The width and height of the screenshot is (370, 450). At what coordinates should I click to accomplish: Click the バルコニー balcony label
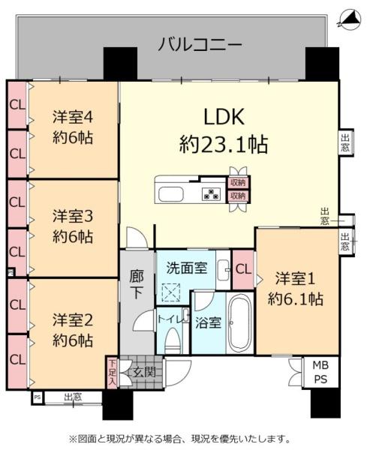(200, 45)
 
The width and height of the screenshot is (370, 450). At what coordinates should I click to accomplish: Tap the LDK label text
(224, 117)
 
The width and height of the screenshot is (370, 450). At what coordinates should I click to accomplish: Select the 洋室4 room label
(73, 117)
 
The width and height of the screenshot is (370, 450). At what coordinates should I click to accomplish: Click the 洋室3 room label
(73, 217)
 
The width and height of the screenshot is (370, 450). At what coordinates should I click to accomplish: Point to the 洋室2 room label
(73, 320)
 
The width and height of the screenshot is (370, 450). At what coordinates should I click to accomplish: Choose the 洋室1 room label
(296, 279)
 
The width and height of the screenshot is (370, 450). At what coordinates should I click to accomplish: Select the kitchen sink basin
(170, 194)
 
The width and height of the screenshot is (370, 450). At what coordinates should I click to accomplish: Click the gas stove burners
(212, 193)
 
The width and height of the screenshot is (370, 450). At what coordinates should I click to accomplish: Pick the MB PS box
(321, 372)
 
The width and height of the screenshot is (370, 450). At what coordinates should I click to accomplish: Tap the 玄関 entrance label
(144, 373)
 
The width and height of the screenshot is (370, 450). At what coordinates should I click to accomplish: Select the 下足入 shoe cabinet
(112, 373)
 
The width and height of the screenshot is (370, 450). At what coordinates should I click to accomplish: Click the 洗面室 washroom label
(187, 268)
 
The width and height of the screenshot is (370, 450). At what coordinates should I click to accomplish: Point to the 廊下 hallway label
(137, 285)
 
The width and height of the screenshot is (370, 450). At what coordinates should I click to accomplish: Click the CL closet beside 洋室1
(243, 270)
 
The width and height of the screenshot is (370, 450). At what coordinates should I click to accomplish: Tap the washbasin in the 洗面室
(222, 270)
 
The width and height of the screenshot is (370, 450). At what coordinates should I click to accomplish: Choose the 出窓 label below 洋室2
(73, 397)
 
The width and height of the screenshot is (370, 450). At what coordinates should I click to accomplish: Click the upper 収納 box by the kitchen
(238, 182)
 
